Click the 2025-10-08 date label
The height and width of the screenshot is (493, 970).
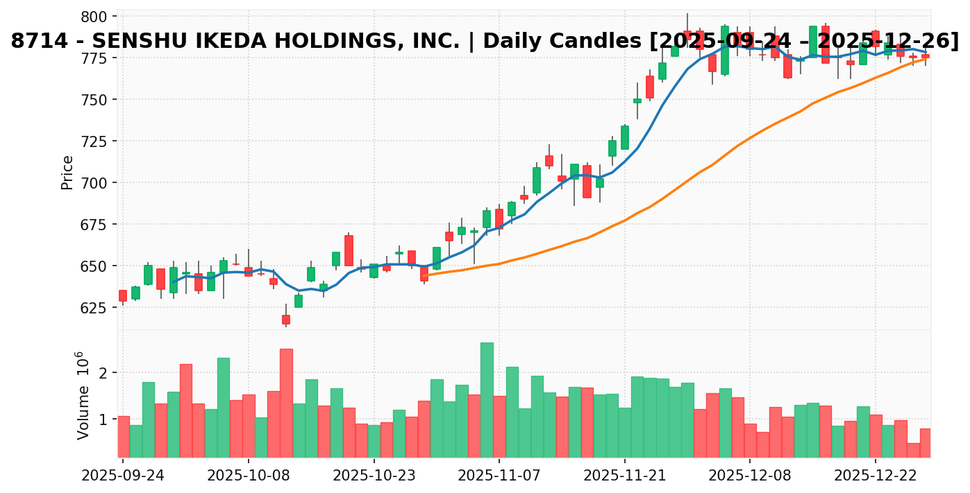(249, 476)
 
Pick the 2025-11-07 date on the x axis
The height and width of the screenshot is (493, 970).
(499, 476)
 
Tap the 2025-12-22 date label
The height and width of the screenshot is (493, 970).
(875, 476)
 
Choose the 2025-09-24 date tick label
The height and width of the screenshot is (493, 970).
(123, 476)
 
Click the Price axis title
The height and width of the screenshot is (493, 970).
(67, 172)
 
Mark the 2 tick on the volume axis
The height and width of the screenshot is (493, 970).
(104, 373)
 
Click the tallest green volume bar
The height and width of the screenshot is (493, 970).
(487, 400)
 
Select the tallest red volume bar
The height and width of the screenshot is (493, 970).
(286, 403)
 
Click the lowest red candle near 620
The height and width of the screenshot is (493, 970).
(286, 320)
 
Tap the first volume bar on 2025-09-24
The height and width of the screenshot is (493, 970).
(124, 436)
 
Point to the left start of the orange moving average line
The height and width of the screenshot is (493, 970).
(424, 276)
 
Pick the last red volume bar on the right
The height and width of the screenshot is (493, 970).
(925, 442)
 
